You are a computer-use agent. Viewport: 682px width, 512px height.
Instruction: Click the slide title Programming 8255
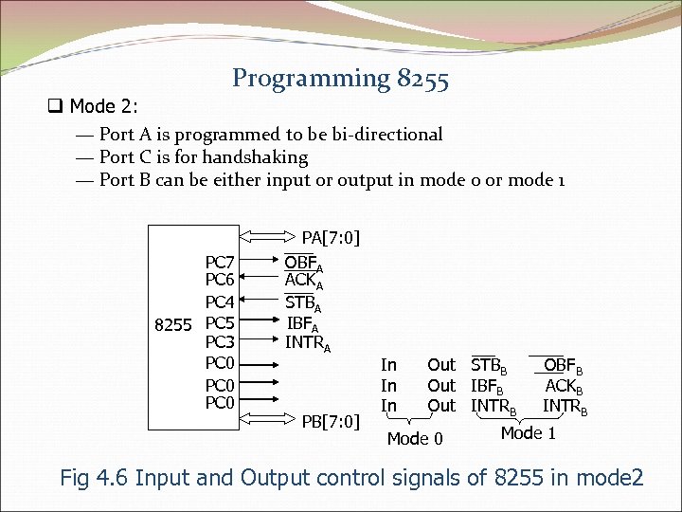tap(340, 78)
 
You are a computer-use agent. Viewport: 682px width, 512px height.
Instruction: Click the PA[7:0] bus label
tap(331, 237)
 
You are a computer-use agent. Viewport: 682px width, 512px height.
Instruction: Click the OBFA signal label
tap(305, 263)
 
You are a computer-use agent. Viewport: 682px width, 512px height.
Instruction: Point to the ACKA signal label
tap(305, 282)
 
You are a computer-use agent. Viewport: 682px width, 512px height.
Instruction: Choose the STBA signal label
tap(305, 303)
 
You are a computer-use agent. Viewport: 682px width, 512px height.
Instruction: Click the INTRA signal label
tap(308, 343)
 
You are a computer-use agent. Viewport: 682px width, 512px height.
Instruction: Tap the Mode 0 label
tap(415, 438)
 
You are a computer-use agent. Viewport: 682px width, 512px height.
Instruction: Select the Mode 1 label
tap(529, 433)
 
